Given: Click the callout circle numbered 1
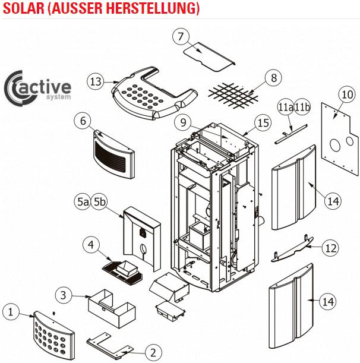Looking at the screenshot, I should (11, 311).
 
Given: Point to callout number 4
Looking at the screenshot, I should (91, 244).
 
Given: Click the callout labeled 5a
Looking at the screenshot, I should (83, 202).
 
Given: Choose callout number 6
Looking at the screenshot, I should (83, 121).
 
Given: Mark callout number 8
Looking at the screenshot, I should (273, 78).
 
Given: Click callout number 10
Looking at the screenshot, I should (347, 94).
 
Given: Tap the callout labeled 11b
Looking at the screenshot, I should (303, 107).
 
